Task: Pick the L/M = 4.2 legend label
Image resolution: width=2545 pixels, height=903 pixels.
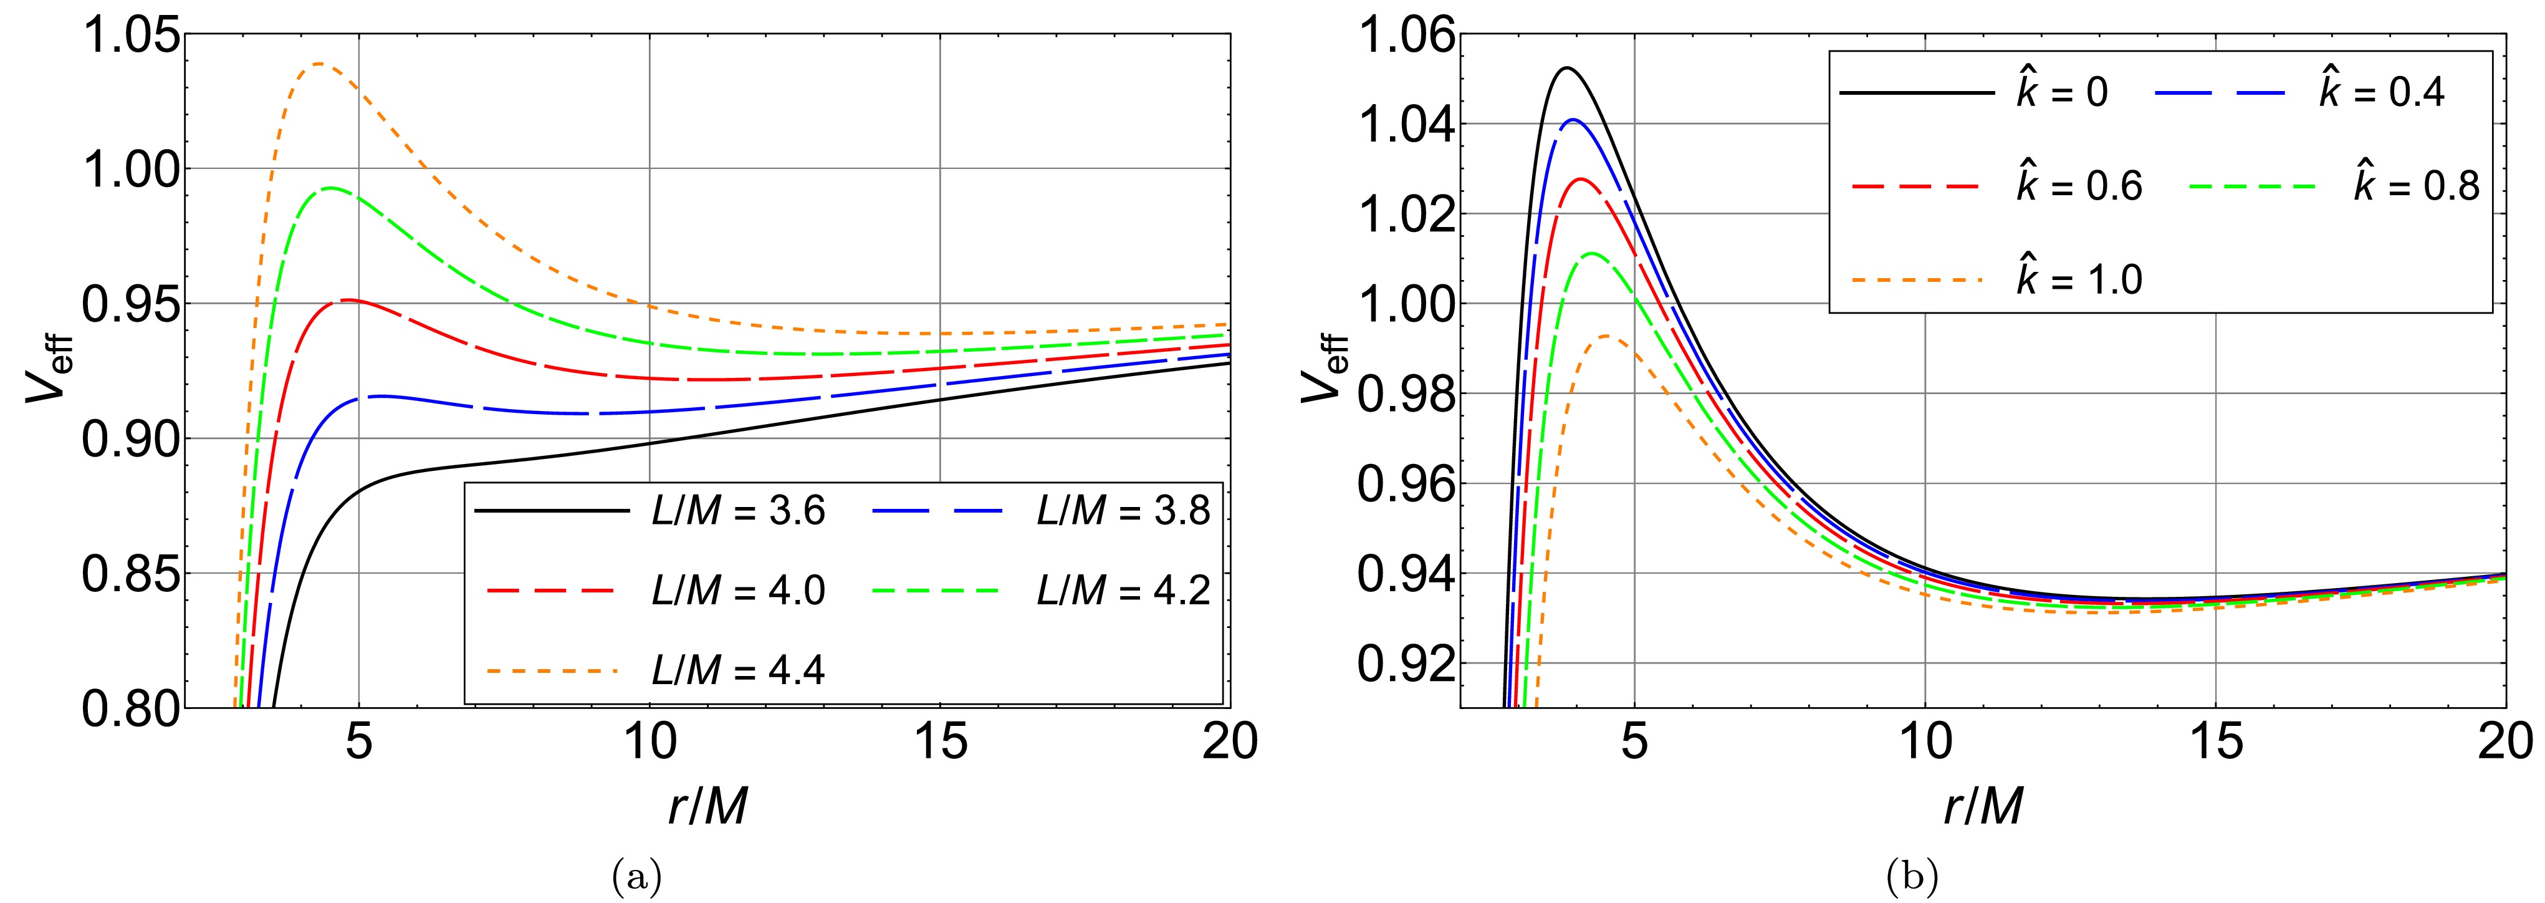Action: tap(1123, 590)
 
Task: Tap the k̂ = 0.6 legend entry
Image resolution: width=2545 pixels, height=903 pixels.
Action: tap(2079, 186)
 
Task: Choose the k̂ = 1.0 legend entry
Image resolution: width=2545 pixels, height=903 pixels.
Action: tap(2079, 279)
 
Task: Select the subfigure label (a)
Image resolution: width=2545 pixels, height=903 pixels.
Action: tap(636, 876)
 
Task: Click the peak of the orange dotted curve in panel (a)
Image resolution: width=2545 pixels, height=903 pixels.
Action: tap(320, 64)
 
